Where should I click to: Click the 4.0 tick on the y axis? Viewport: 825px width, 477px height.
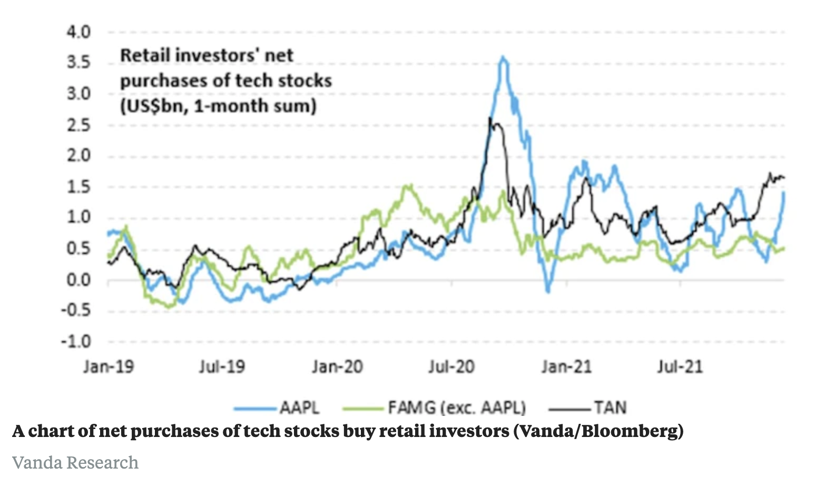point(78,32)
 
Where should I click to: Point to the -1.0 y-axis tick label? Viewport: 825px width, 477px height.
point(76,342)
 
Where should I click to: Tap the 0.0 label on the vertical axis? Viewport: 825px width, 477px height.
point(78,280)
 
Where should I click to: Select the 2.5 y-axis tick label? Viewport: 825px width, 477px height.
point(78,125)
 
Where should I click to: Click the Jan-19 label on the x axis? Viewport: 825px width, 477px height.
point(109,366)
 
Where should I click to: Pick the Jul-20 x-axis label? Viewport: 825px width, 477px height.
point(451,366)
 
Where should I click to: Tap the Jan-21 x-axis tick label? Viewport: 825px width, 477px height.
point(566,366)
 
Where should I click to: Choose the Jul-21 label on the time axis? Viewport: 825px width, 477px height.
point(680,366)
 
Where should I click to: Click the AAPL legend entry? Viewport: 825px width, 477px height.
point(299,408)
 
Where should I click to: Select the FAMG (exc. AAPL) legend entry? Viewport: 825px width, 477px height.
point(456,408)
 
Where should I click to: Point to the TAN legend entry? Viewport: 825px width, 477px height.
point(610,408)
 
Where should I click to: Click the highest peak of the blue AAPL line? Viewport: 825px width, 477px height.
point(503,57)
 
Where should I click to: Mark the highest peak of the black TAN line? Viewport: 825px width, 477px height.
point(490,118)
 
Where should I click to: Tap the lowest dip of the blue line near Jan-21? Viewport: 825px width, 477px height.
point(548,291)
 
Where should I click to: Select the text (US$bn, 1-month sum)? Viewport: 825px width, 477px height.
point(218,106)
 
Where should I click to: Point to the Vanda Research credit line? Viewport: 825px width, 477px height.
point(75,462)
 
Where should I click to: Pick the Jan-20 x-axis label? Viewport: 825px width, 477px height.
point(337,366)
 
